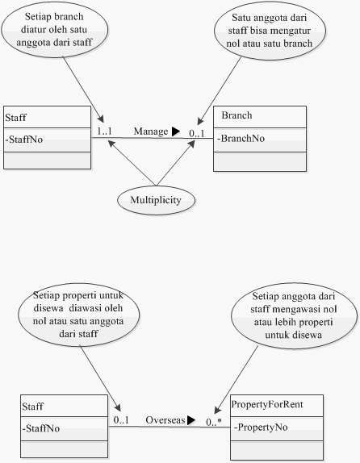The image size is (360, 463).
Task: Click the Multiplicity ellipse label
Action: pyautogui.click(x=156, y=200)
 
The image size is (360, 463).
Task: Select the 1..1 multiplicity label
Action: pyautogui.click(x=105, y=131)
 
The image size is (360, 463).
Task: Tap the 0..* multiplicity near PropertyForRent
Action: pyautogui.click(x=214, y=422)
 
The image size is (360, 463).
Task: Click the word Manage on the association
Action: pyautogui.click(x=151, y=131)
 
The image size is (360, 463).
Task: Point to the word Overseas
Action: pyautogui.click(x=165, y=420)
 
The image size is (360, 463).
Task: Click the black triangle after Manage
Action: pyautogui.click(x=176, y=131)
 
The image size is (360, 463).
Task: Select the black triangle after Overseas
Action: pyautogui.click(x=191, y=420)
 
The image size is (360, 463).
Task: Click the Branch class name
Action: pyautogui.click(x=237, y=115)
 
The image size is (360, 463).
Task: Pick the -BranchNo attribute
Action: pyautogui.click(x=241, y=138)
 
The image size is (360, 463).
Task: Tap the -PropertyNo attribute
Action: pyautogui.click(x=261, y=427)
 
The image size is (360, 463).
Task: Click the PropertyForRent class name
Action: pyautogui.click(x=267, y=404)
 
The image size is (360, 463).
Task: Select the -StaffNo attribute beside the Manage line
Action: pyautogui.click(x=24, y=140)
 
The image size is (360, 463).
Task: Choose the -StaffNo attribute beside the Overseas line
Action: pyautogui.click(x=41, y=428)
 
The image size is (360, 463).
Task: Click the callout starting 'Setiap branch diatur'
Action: pyautogui.click(x=55, y=30)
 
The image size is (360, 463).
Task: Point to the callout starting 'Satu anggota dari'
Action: pyautogui.click(x=270, y=31)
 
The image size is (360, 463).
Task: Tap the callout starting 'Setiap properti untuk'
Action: pyautogui.click(x=78, y=315)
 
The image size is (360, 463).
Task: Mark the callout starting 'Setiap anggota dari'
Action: pyautogui.click(x=294, y=315)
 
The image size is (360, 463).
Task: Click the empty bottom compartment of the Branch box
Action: pyautogui.click(x=260, y=161)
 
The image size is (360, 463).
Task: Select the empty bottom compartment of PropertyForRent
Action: pyautogui.click(x=277, y=450)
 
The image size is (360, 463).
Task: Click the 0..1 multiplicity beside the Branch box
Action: pyautogui.click(x=197, y=134)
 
